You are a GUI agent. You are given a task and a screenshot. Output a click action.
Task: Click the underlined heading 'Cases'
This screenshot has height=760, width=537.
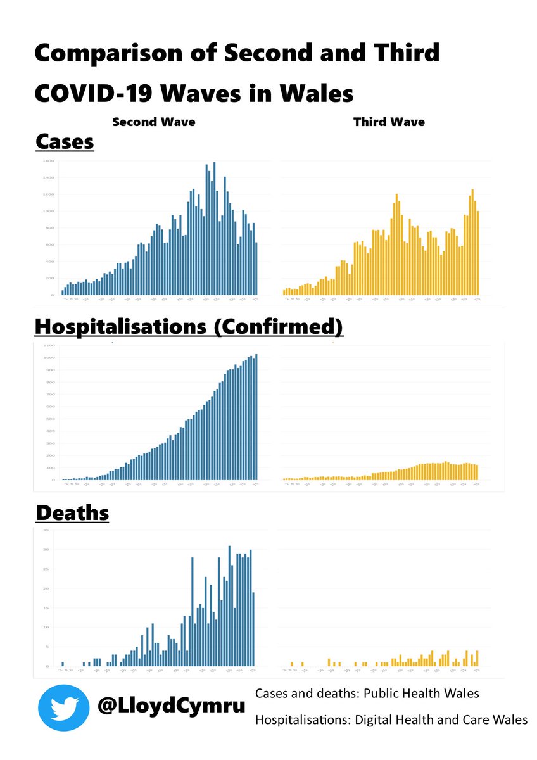65,142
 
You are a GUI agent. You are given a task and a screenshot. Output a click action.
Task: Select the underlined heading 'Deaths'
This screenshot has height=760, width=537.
72,512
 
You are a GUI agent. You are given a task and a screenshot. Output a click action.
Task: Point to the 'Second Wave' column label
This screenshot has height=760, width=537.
154,122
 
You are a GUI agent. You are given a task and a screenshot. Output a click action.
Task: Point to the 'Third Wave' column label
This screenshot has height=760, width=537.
389,122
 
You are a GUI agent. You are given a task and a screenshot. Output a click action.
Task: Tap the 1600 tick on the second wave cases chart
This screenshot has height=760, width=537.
48,161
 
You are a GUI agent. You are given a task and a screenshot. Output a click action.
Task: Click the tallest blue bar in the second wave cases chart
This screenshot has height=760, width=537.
215,229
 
